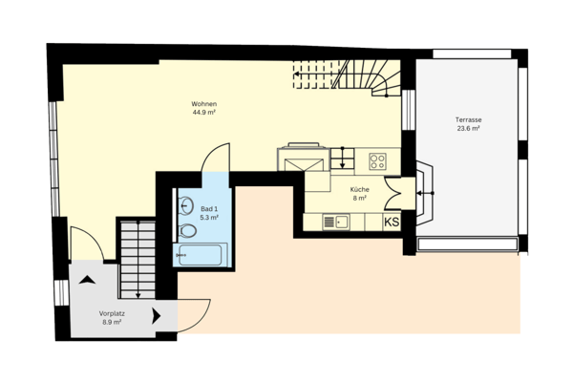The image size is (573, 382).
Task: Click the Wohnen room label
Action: click(202, 103)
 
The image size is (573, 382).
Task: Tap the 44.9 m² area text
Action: click(202, 113)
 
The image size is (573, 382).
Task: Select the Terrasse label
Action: click(468, 120)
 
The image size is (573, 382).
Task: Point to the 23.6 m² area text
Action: click(468, 130)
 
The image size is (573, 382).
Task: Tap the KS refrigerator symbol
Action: click(392, 222)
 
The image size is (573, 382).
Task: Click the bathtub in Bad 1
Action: click(200, 255)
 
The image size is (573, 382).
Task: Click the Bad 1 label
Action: click(210, 208)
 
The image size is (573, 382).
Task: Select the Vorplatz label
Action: click(113, 313)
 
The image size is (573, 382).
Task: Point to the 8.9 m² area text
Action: click(113, 323)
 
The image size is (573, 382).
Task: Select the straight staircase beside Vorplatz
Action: click(137, 258)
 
